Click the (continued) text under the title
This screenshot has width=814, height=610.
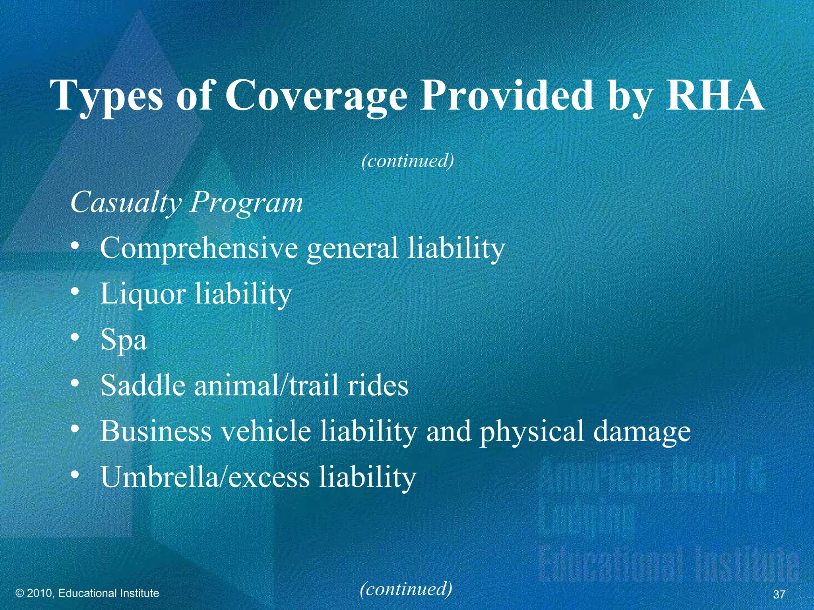click(407, 161)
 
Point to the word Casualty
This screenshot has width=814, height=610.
click(126, 203)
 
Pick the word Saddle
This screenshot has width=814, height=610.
click(143, 385)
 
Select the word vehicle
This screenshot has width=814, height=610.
click(266, 431)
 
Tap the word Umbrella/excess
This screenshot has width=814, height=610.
click(205, 477)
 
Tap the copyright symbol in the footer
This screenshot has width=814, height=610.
click(20, 593)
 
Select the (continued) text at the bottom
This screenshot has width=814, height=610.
click(406, 589)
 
